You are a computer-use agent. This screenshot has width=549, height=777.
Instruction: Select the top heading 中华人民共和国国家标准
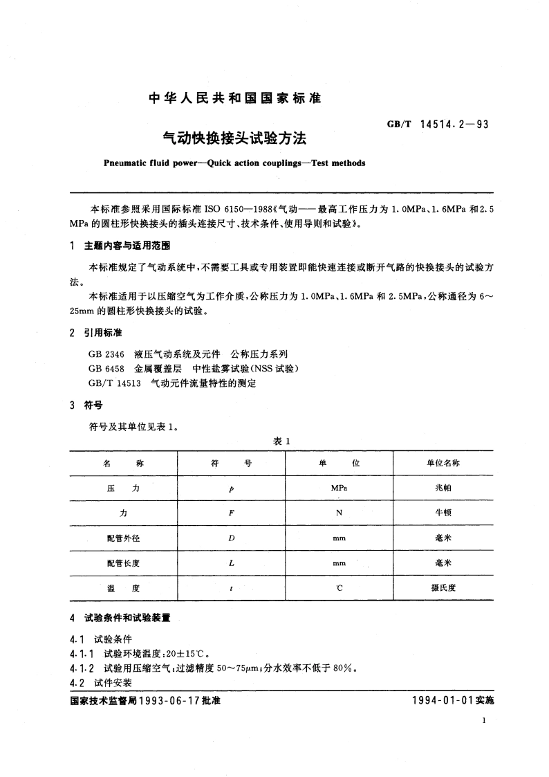point(235,99)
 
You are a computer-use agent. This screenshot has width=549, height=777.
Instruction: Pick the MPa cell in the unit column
point(339,488)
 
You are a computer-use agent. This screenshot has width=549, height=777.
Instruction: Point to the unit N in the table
point(339,513)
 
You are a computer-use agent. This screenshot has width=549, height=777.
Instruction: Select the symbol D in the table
point(231,538)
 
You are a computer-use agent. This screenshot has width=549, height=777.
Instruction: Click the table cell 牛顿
point(443,513)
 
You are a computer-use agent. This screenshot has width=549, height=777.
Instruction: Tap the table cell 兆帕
point(443,488)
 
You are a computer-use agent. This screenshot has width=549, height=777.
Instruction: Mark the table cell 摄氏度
point(443,588)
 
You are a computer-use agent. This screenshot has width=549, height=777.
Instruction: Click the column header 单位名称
point(443,463)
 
